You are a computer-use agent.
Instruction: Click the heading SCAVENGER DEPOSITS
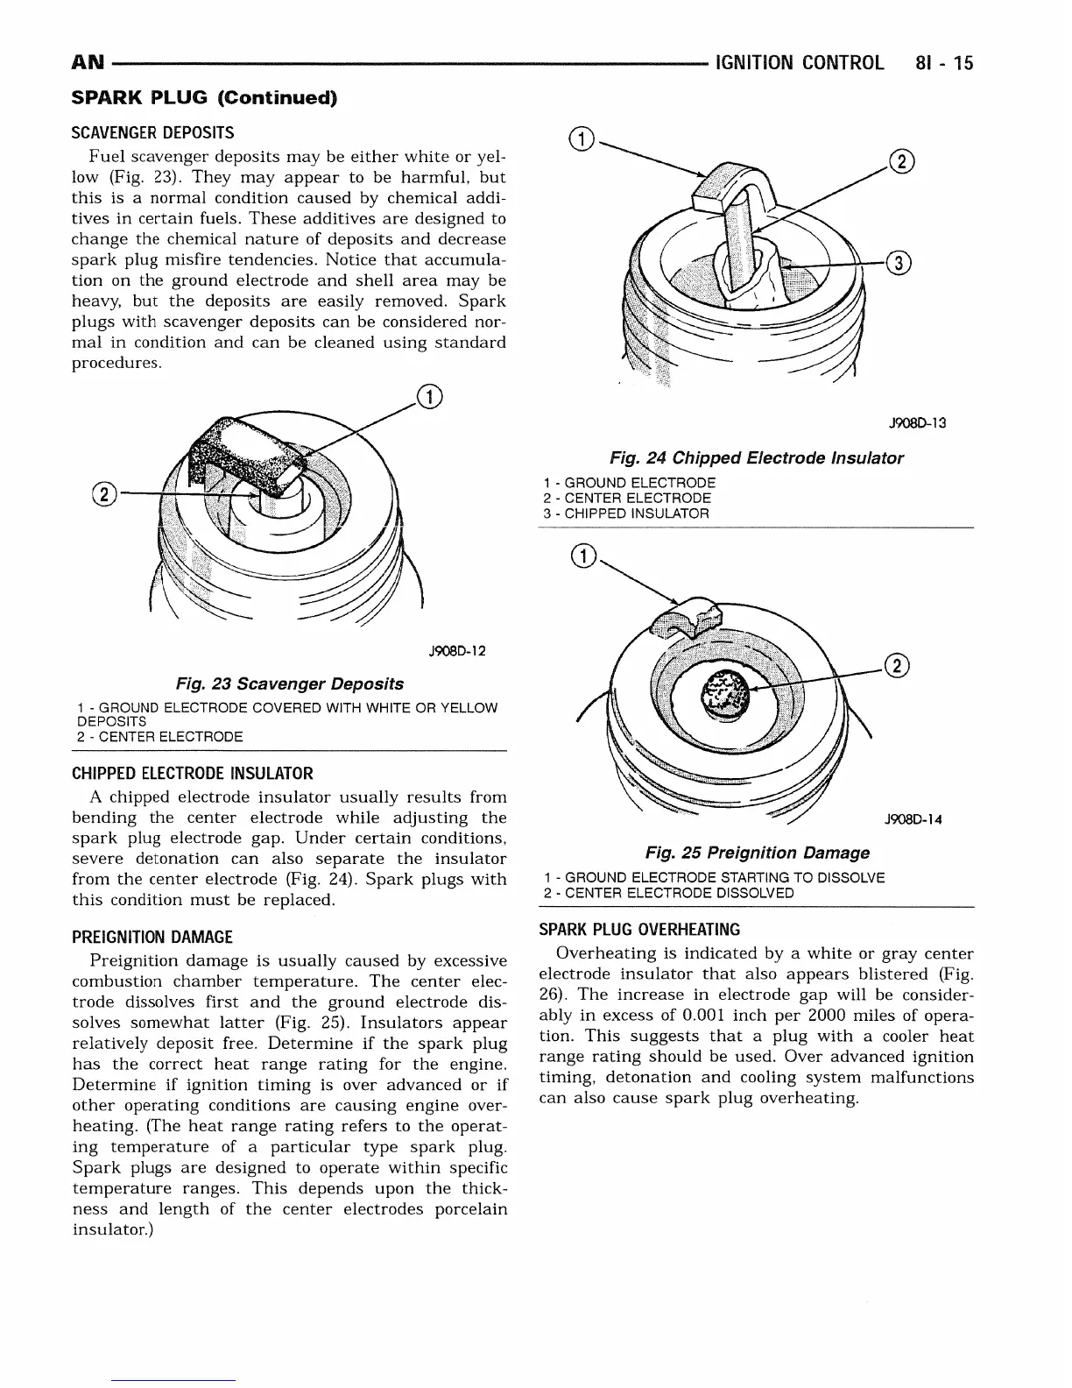pos(152,133)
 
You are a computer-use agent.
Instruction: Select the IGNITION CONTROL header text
pos(799,63)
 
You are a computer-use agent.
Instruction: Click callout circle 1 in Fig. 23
pos(430,397)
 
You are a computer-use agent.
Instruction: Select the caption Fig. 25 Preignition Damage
pos(758,853)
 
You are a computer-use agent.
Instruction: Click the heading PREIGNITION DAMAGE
pos(152,937)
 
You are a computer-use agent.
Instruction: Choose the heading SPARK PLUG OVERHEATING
pos(639,930)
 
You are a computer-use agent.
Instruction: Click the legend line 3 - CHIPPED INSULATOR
pos(625,513)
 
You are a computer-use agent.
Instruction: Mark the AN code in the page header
pos(87,63)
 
